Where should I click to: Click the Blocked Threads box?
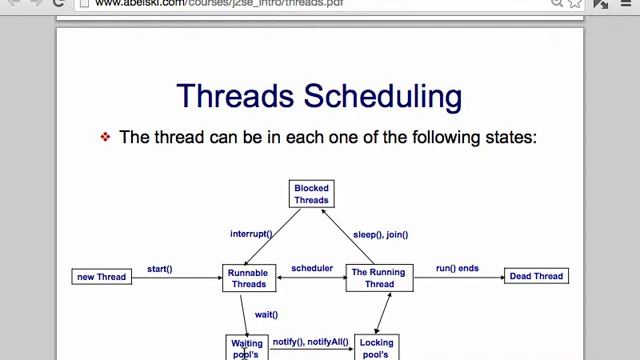pos(311,194)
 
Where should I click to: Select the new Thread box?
pos(102,276)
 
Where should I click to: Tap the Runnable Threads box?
pos(249,278)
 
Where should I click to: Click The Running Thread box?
pos(379,278)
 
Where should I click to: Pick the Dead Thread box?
pos(536,276)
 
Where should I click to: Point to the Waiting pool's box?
pos(247,348)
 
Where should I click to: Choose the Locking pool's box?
pos(376,348)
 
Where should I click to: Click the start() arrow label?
pos(160,269)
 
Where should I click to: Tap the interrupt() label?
pos(251,234)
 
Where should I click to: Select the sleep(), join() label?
pos(380,234)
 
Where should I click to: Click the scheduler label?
pos(312,268)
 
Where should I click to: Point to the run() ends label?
pos(457,268)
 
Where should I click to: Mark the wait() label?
pos(266,314)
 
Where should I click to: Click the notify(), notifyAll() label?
pos(311,342)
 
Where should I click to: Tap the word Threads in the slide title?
pos(237,96)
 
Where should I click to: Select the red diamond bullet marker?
pos(105,137)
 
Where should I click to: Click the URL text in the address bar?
pos(219,3)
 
